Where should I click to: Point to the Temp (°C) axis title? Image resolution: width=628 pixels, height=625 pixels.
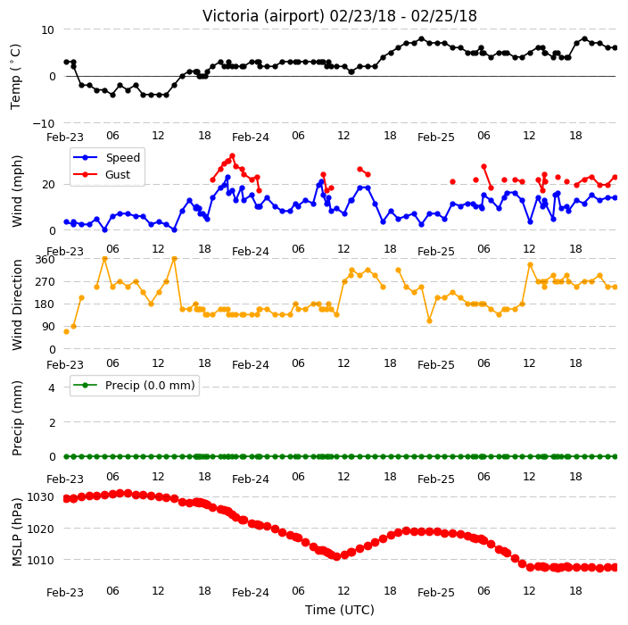pyautogui.click(x=16, y=76)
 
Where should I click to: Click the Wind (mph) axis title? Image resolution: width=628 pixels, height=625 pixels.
pyautogui.click(x=17, y=191)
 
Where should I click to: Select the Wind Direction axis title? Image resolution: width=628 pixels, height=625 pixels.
pyautogui.click(x=17, y=304)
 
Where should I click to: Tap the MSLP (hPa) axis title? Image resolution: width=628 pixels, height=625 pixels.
pyautogui.click(x=17, y=532)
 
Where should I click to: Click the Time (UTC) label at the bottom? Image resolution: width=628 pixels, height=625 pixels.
pyautogui.click(x=340, y=610)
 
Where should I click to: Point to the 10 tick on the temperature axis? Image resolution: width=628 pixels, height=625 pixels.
pyautogui.click(x=47, y=30)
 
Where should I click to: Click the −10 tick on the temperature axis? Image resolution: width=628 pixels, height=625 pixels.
pyautogui.click(x=44, y=123)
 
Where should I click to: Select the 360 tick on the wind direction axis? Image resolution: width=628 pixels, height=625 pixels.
pyautogui.click(x=45, y=260)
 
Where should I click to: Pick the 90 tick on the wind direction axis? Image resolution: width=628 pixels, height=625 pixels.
pyautogui.click(x=48, y=327)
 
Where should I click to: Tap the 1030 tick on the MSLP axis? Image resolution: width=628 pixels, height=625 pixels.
pyautogui.click(x=40, y=497)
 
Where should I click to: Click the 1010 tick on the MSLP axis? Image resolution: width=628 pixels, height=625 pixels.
pyautogui.click(x=40, y=560)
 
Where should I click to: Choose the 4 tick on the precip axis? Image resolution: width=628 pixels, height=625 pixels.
pyautogui.click(x=52, y=387)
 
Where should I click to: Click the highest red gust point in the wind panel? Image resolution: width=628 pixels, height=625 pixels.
pyautogui.click(x=232, y=156)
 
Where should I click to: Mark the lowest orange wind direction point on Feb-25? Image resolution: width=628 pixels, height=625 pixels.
pyautogui.click(x=429, y=321)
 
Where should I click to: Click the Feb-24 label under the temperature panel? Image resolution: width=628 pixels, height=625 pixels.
pyautogui.click(x=251, y=137)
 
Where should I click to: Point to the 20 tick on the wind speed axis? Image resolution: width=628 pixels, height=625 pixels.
pyautogui.click(x=48, y=185)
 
